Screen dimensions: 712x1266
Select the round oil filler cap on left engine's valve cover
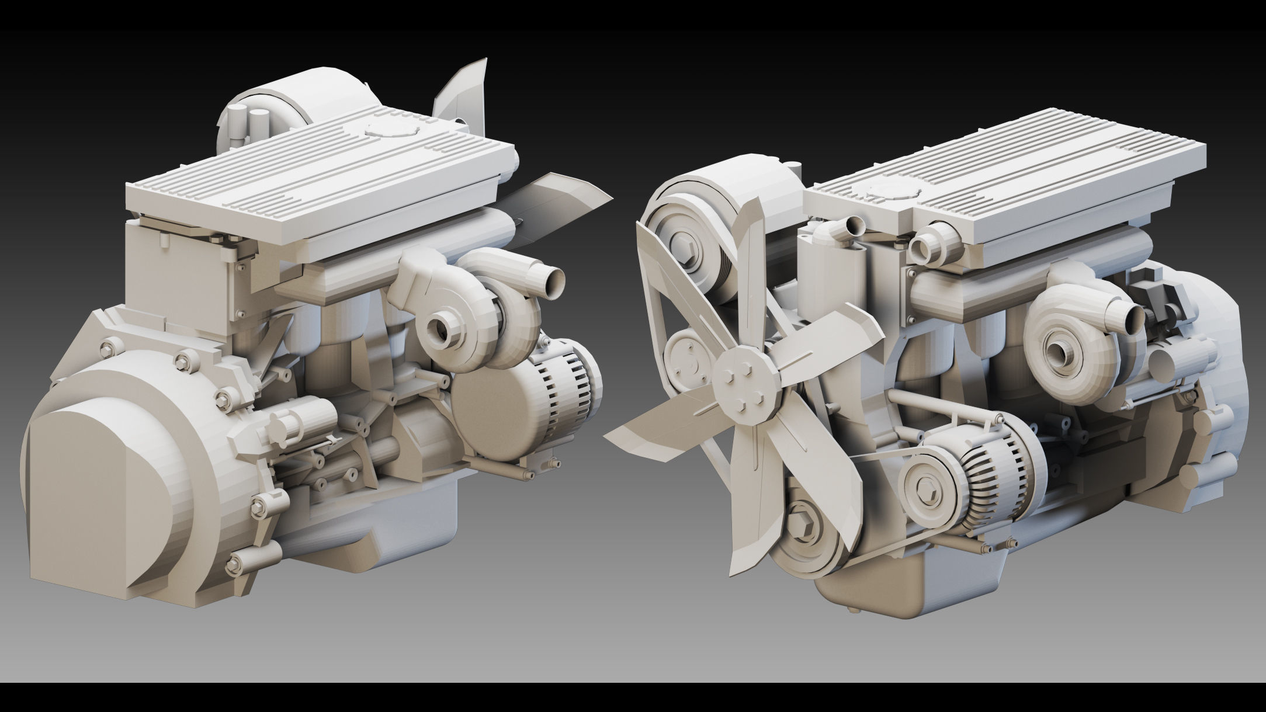pyautogui.click(x=390, y=128)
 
